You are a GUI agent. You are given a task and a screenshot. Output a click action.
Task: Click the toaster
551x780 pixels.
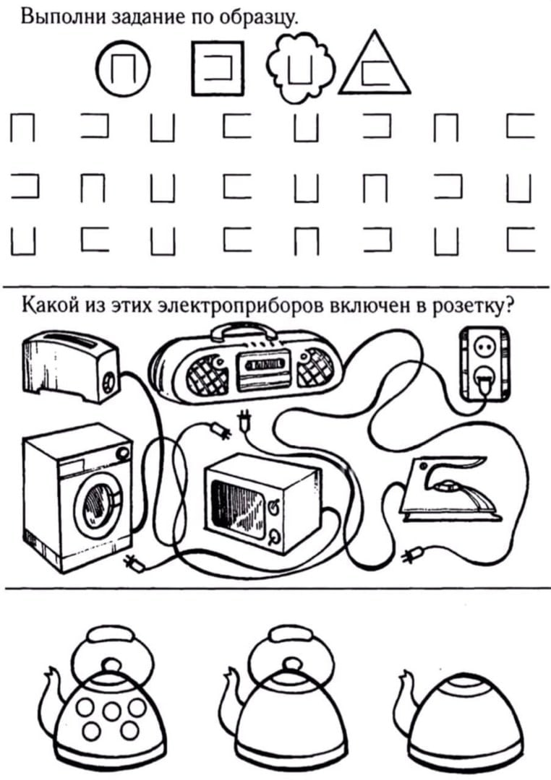[x=69, y=365]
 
